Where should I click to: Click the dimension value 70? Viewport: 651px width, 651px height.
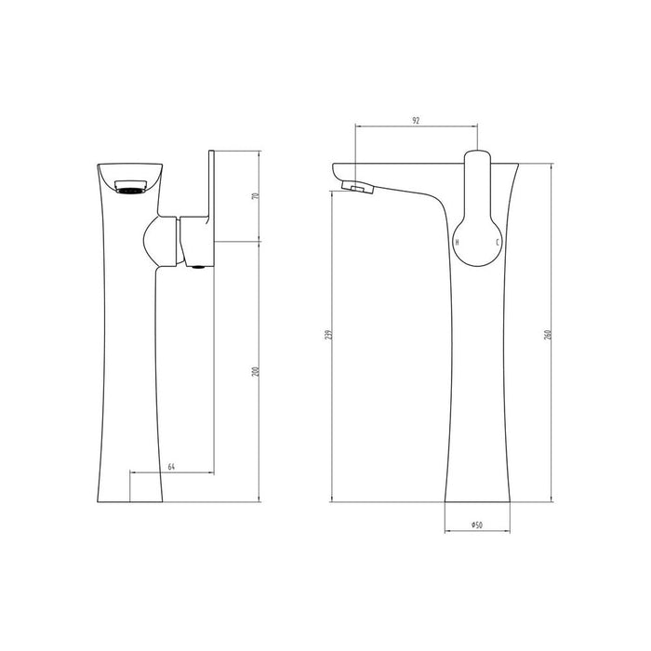255,196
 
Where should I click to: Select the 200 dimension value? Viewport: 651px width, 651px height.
255,373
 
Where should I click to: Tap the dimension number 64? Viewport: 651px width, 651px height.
172,465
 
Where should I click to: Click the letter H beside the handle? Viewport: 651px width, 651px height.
456,242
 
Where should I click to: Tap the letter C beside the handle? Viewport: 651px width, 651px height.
498,242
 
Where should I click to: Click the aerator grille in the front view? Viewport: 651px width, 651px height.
129,190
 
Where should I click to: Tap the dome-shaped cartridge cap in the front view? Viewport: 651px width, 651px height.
159,243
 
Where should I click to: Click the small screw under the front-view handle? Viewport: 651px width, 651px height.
196,271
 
